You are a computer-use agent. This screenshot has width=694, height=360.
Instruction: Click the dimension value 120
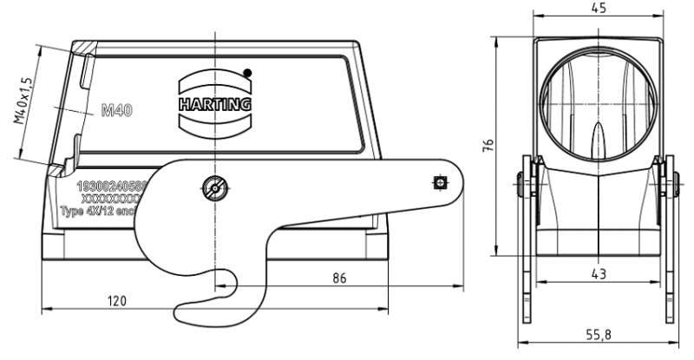pyautogui.click(x=116, y=301)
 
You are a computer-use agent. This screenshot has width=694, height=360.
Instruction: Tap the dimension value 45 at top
pyautogui.click(x=599, y=8)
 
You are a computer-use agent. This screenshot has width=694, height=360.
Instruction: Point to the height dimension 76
pyautogui.click(x=488, y=143)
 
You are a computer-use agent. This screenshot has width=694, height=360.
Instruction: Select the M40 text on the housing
pyautogui.click(x=117, y=110)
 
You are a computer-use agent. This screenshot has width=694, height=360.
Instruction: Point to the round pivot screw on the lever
pyautogui.click(x=213, y=186)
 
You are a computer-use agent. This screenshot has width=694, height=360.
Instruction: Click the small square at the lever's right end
pyautogui.click(x=439, y=183)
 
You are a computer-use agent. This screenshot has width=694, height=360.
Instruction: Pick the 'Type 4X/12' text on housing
pyautogui.click(x=97, y=211)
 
